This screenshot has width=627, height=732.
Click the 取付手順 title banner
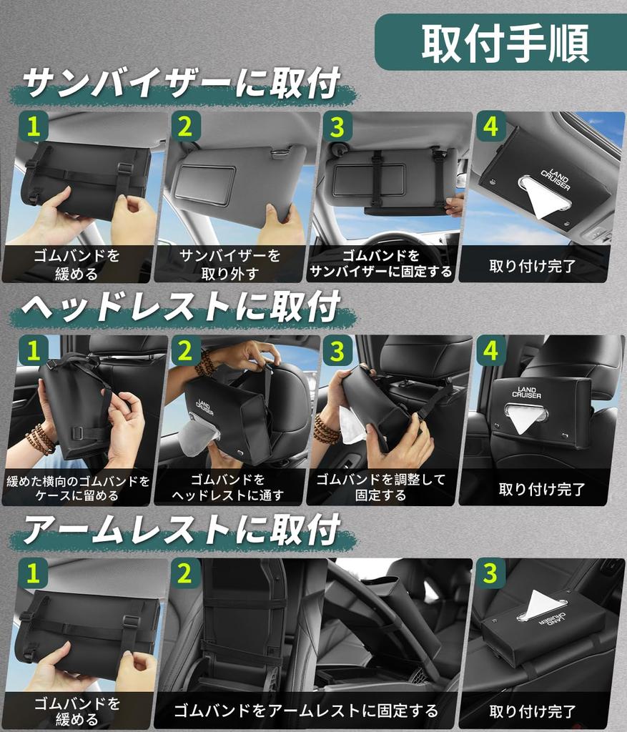coord(500,42)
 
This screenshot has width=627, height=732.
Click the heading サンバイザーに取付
coord(182,84)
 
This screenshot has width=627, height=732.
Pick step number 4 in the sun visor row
coord(490,127)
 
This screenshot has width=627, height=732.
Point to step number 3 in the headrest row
coord(337,350)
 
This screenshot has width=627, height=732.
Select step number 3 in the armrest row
coord(490,573)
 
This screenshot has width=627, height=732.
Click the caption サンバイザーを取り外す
coord(230,264)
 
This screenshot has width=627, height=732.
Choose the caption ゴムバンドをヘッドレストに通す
coord(237,487)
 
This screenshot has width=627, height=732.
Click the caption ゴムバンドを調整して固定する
coord(380,487)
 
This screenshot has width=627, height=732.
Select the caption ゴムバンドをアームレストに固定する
coord(306,711)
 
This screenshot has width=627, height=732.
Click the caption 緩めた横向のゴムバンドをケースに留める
coord(78,487)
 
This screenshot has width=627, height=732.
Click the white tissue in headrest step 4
coord(525,417)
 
